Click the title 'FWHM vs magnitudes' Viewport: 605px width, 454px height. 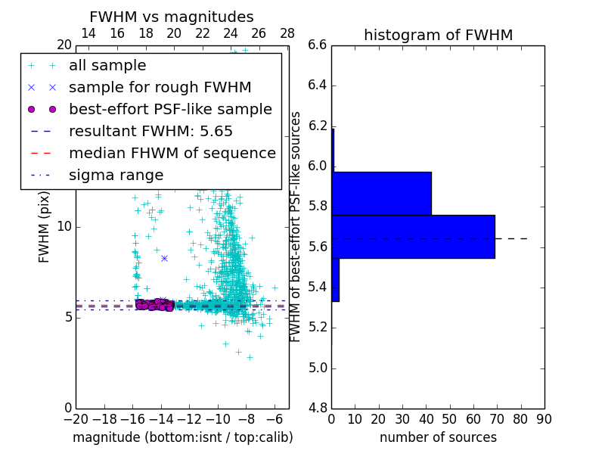(x=171, y=17)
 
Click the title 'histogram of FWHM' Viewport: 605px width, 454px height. (x=438, y=35)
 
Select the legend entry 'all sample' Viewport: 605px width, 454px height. (x=107, y=66)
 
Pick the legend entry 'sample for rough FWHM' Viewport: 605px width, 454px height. (x=160, y=88)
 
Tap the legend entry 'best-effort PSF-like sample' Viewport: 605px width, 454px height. (x=170, y=109)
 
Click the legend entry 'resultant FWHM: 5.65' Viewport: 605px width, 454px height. (x=150, y=131)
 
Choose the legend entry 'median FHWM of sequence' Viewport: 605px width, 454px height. (x=172, y=153)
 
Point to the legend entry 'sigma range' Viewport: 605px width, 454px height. (x=116, y=175)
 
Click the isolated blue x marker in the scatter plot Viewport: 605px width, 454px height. (x=164, y=258)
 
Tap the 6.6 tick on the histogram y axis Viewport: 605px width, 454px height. (x=318, y=45)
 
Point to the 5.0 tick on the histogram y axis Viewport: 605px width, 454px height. (x=318, y=368)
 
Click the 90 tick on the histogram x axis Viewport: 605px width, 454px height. (x=544, y=418)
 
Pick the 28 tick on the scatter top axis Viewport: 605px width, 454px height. (x=287, y=33)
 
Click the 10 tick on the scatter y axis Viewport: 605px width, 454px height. (x=64, y=227)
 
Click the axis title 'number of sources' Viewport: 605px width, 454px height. (x=438, y=437)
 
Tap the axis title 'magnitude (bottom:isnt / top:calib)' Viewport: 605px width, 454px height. (x=182, y=437)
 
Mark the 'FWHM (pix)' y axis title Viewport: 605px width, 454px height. (x=45, y=228)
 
